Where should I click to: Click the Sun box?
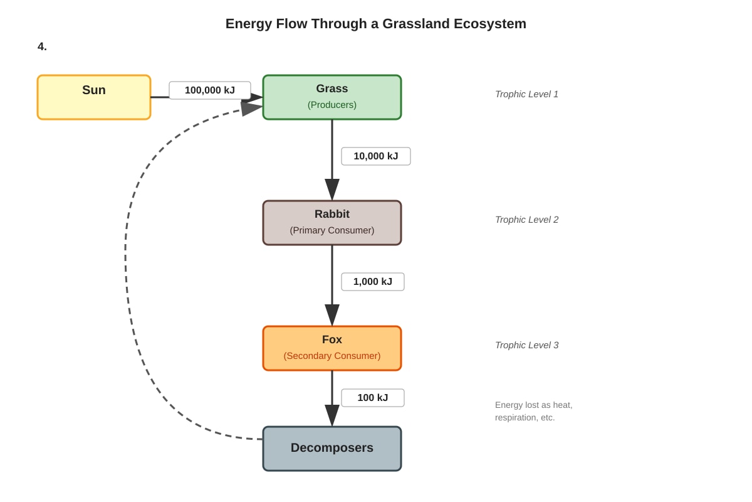[x=94, y=97]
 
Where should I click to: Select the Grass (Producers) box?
[x=332, y=97]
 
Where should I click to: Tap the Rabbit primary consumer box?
[x=332, y=223]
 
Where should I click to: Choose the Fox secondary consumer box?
[x=332, y=348]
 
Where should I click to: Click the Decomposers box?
[x=332, y=449]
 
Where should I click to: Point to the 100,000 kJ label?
[x=210, y=90]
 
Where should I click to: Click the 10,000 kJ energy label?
[x=375, y=156]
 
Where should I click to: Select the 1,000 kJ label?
[x=373, y=281]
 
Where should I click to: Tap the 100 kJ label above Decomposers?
[x=373, y=398]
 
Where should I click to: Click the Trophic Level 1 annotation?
[x=527, y=94]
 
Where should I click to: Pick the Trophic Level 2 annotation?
[x=527, y=220]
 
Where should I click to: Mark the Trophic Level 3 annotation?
[x=527, y=345]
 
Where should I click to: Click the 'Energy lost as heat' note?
[x=533, y=411]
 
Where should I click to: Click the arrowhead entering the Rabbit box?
[x=332, y=190]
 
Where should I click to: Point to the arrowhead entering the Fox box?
[x=332, y=315]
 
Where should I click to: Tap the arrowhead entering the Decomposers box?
[x=332, y=415]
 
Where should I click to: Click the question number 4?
[x=42, y=46]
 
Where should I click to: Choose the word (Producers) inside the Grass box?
[x=332, y=105]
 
